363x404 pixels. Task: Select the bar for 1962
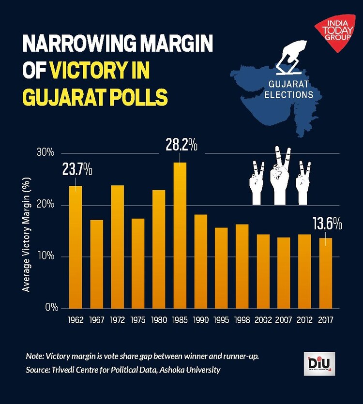coord(76,247)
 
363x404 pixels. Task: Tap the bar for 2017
coord(326,273)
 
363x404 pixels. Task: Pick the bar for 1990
coord(201,261)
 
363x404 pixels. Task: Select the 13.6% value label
coord(327,224)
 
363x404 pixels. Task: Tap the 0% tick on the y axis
coord(51,308)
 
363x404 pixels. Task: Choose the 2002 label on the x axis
coord(263,320)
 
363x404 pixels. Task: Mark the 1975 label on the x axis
coord(138,320)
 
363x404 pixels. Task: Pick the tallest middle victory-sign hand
coord(281,177)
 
